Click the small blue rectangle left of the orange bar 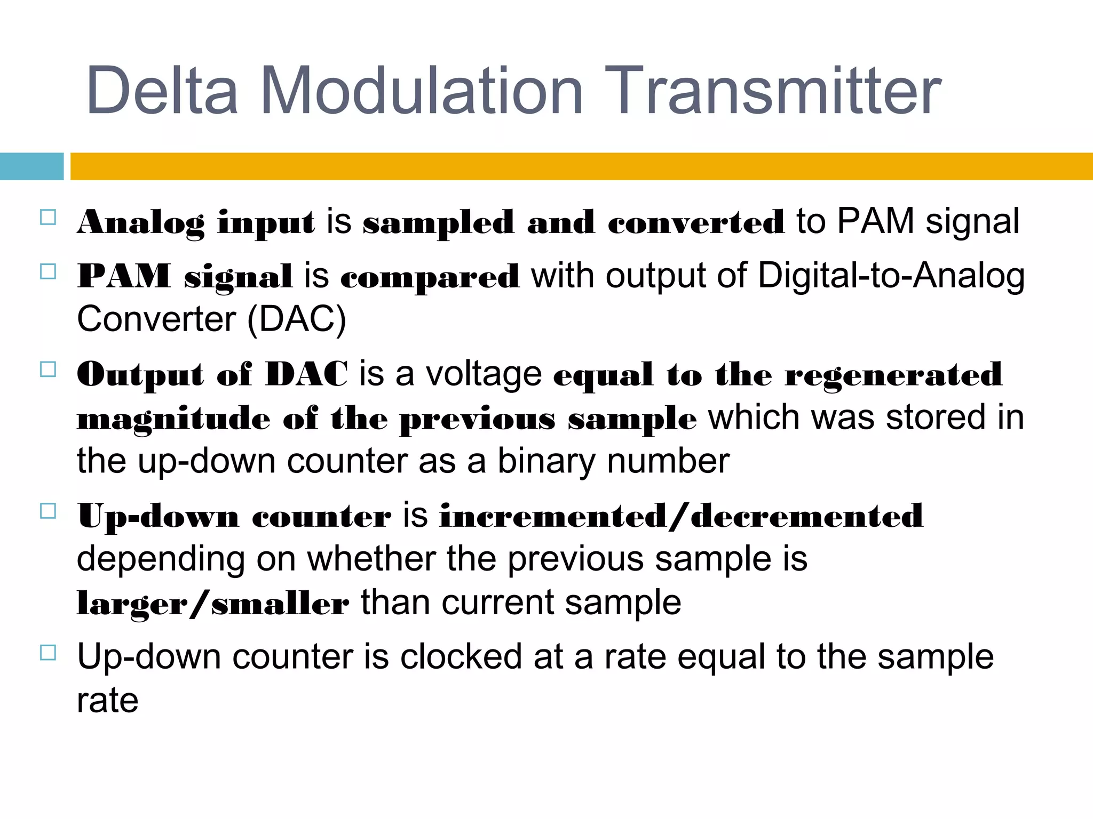point(31,166)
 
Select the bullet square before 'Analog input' point(48,217)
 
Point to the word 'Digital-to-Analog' point(891,276)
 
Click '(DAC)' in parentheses point(297,319)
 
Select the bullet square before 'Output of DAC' point(48,370)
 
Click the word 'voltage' point(484,374)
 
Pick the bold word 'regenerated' point(893,375)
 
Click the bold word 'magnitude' point(173,419)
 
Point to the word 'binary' point(545,461)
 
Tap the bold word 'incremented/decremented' point(681,516)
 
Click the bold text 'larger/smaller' point(213,604)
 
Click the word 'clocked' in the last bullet point(461,657)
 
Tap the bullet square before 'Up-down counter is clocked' point(48,653)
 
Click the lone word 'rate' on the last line point(107,701)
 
